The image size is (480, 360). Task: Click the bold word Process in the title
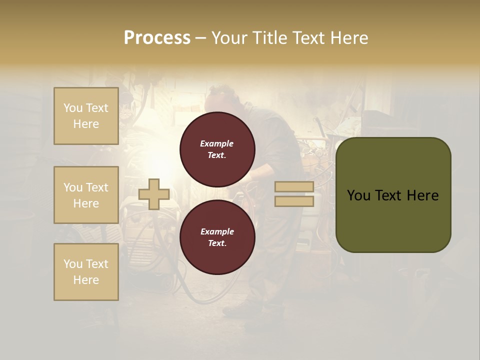(157, 38)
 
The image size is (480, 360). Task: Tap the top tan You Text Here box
(86, 116)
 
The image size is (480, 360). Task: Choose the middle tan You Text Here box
(86, 195)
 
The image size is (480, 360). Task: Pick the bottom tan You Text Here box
(86, 271)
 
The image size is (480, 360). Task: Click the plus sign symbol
(153, 194)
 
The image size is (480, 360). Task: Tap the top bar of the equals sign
(294, 186)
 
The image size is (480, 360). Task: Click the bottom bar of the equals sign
(294, 201)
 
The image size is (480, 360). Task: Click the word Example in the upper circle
(217, 143)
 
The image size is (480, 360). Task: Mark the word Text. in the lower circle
(217, 243)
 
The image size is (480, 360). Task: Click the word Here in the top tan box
(86, 124)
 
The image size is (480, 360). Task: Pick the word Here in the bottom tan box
(86, 280)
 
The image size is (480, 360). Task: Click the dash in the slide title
(200, 38)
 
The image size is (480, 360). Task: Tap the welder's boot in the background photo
(237, 310)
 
